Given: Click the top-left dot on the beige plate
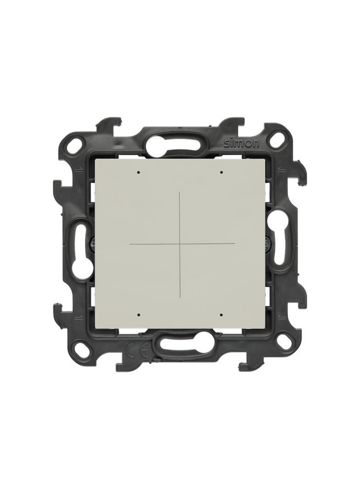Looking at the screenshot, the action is (139, 172).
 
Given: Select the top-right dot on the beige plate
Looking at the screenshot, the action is (221, 172).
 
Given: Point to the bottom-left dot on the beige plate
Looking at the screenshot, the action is (139, 315).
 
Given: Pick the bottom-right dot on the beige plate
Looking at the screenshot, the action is (221, 315).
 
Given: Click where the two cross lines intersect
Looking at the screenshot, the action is (180, 244).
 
